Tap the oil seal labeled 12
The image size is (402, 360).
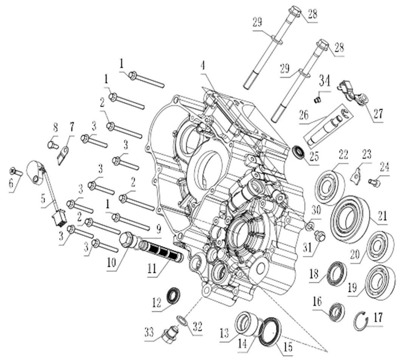coord(174,295)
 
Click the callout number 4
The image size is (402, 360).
coord(203,66)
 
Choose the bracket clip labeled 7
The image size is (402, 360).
coord(62,155)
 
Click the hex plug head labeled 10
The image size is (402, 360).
coord(127,240)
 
